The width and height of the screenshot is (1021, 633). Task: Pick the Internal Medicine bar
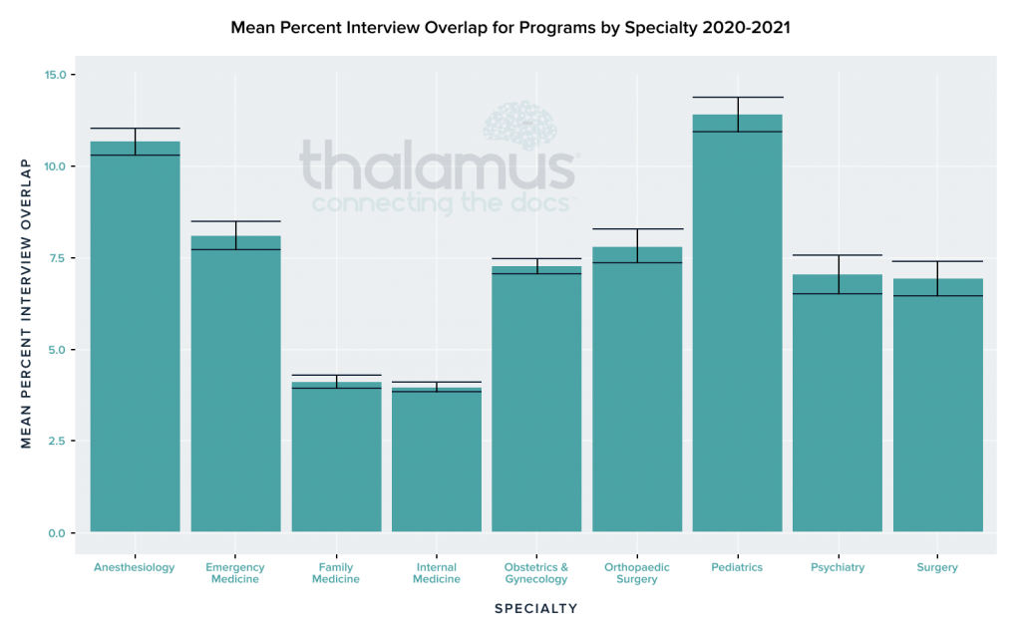[x=437, y=460]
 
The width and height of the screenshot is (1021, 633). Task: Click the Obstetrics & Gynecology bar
[x=536, y=399]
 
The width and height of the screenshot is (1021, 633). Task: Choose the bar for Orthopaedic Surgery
[x=637, y=389]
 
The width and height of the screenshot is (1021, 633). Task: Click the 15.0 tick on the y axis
[x=55, y=75]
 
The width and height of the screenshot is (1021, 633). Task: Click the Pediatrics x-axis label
[x=738, y=567]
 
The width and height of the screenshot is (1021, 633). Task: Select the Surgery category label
[x=937, y=567]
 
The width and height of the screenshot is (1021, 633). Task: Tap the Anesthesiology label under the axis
[x=135, y=567]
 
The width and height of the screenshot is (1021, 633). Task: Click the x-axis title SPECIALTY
[x=535, y=608]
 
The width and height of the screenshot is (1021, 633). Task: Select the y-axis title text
[x=26, y=303]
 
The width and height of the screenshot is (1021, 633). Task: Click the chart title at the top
[x=510, y=27]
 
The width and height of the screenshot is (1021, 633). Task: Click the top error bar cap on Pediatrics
[x=738, y=97]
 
